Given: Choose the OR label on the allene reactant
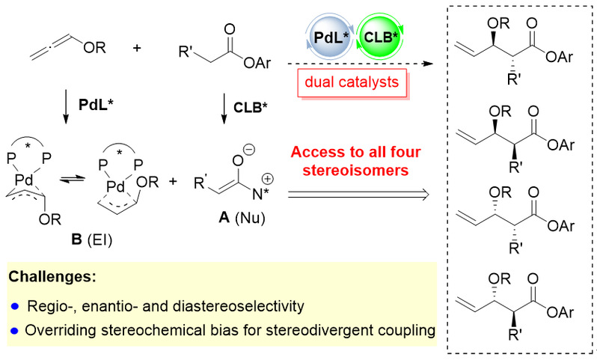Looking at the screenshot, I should point(92,50).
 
